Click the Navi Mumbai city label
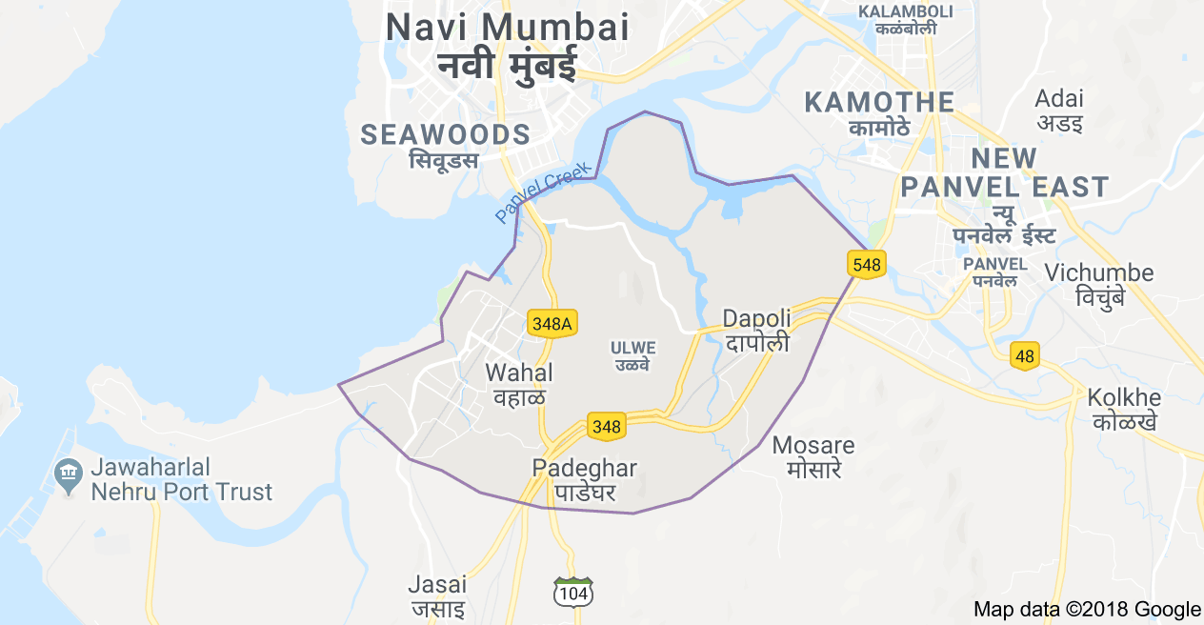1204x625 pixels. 507,27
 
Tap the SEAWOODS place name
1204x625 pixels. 445,135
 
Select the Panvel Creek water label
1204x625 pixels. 542,193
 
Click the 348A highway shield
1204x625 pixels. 552,323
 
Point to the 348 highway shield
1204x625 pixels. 607,426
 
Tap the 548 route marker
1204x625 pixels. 867,264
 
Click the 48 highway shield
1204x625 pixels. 1025,356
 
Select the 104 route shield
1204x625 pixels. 574,593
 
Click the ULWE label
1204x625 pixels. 632,349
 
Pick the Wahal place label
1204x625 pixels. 519,373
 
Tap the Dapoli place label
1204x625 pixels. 756,319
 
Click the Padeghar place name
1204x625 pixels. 585,468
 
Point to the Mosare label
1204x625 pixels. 813,445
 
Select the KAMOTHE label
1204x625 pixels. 879,102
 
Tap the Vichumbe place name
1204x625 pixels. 1098,273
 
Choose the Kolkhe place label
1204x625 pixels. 1124,397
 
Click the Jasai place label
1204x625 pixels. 437,584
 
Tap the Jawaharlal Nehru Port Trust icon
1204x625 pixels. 68,473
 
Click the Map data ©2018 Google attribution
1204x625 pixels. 1087,609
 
